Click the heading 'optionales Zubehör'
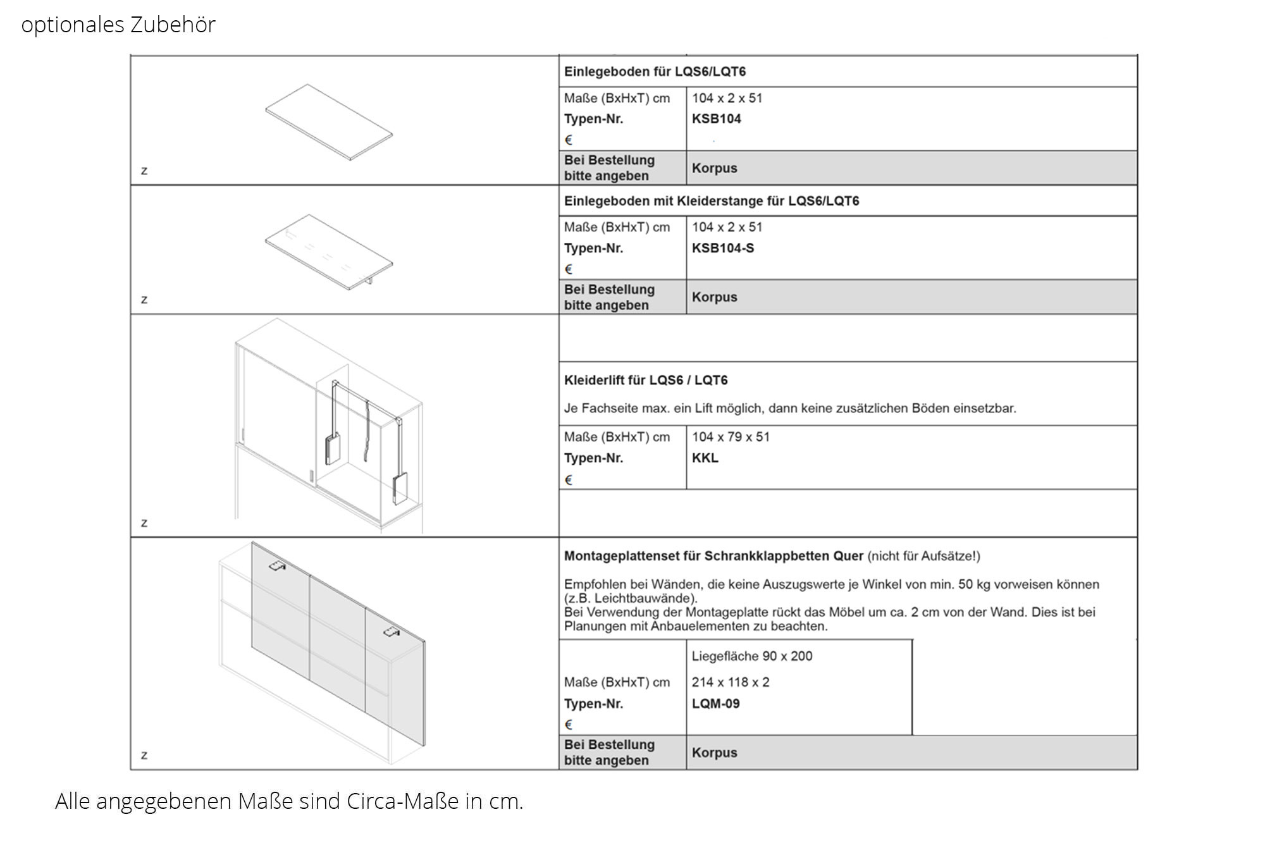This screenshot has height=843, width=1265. [118, 25]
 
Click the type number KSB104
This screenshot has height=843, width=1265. [716, 119]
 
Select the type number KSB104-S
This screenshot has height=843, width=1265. [722, 248]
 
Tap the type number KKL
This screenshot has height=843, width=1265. [705, 458]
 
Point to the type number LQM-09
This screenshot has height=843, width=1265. [715, 703]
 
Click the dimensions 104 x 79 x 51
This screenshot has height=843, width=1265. [731, 437]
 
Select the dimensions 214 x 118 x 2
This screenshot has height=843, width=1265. [730, 682]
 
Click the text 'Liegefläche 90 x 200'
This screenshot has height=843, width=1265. [751, 656]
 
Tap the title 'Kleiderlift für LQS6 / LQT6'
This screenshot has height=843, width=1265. [645, 380]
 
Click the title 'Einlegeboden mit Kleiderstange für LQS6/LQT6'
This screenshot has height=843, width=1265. [711, 201]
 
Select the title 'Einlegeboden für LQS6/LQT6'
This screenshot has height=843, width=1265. [655, 71]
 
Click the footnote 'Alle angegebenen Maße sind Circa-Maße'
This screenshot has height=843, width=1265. [288, 801]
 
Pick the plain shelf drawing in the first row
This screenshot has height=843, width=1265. [329, 121]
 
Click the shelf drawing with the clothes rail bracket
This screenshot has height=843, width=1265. [329, 252]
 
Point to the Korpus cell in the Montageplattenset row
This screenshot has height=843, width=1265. [714, 753]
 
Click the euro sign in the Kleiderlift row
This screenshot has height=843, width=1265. [568, 480]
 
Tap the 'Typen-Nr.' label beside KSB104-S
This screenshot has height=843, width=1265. [593, 248]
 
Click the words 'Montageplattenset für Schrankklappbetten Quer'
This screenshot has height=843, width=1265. [713, 556]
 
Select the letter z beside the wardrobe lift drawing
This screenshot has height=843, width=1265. [144, 523]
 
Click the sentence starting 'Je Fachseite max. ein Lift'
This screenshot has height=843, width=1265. [789, 409]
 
